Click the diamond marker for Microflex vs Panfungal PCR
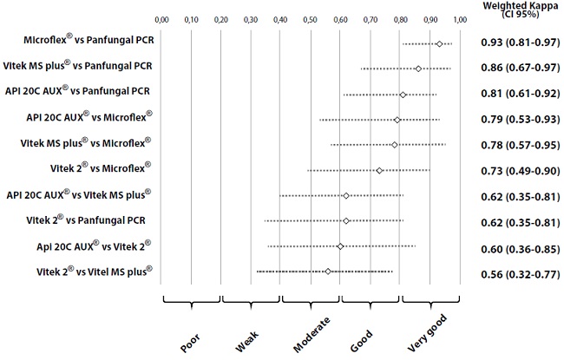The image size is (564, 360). pos(439,43)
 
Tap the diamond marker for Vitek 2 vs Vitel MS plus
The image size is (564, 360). pos(328,272)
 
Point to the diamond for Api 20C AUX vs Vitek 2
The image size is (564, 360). pos(340,246)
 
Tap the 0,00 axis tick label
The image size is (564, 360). pos(162,17)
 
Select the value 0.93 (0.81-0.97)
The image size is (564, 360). pos(518,43)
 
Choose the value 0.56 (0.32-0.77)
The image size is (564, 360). pos(518,272)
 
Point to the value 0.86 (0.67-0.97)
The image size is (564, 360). pos(518,69)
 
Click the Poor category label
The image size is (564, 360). pos(190,339)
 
